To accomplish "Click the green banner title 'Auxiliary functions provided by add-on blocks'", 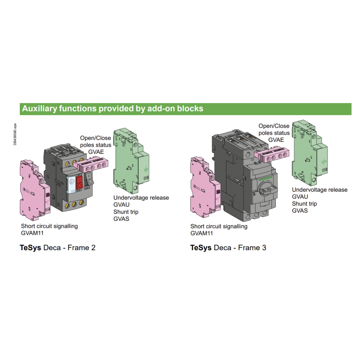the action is coord(112,108).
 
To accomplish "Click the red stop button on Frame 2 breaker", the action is coord(80,183).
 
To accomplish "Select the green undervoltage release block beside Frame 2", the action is coord(131,161).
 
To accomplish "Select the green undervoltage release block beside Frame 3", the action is coord(310,153).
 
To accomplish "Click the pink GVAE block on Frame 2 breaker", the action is coord(91,164).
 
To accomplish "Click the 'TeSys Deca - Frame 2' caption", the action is coord(58,248).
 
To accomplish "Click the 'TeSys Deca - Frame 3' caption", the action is coord(228,248).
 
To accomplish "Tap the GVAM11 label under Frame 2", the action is coord(32,233).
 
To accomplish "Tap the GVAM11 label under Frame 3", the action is coord(202,233).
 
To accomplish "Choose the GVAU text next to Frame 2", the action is coord(121,205).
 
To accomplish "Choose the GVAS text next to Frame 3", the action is coord(300,211).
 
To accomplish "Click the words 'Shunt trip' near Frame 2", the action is coord(126,212).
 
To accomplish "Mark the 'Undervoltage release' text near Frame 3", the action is coord(319,190).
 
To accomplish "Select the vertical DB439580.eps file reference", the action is coord(15,134).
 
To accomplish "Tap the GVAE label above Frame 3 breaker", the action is coord(276,140).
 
